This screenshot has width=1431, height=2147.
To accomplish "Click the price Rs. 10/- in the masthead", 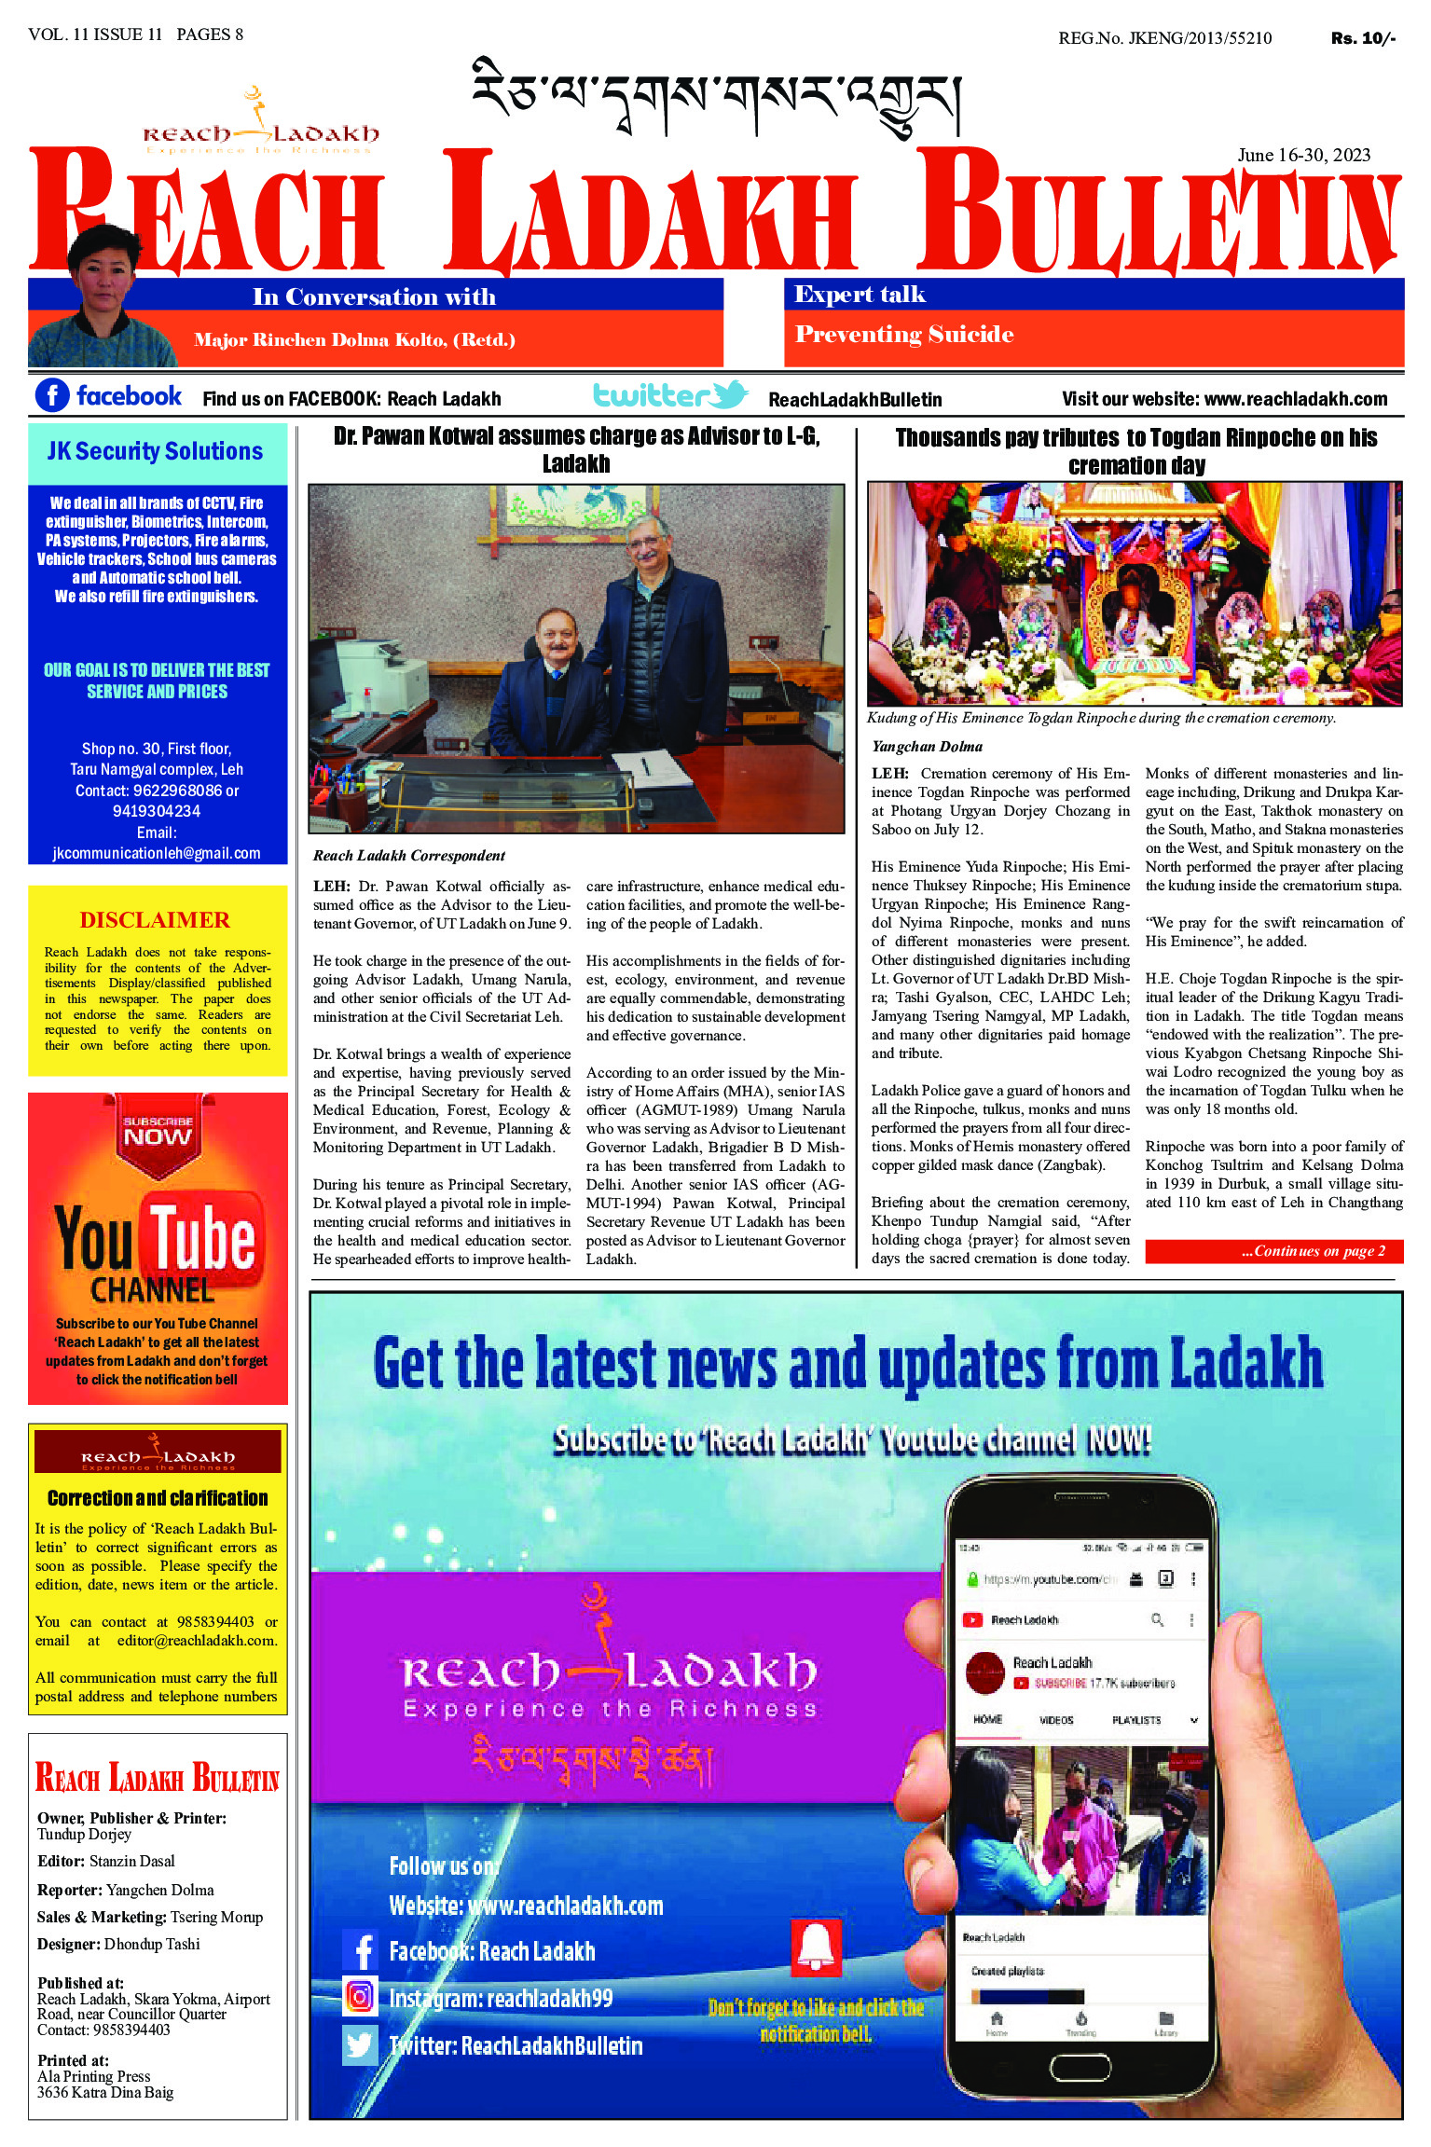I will point(1362,38).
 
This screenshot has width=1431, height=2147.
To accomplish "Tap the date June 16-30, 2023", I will point(1303,155).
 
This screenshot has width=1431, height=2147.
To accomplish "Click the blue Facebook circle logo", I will point(52,395).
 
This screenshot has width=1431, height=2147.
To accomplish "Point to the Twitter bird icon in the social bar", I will point(728,393).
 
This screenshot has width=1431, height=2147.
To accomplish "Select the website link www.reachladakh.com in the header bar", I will point(1295,399).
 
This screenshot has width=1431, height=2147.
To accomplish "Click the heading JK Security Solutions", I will point(156,451).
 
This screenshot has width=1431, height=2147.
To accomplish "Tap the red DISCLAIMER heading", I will point(155,920).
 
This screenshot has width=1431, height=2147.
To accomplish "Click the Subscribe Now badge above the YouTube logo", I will point(158,1130).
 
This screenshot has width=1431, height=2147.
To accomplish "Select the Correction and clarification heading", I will point(158,1497).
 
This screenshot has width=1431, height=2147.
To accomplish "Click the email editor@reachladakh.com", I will point(197,1640).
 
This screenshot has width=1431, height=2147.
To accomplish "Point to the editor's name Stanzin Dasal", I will point(131,1861).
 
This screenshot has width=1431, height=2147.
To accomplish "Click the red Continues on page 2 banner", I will point(1273,1251).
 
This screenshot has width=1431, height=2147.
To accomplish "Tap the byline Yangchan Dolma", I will point(927,746).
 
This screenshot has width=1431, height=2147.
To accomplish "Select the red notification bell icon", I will point(816,1947).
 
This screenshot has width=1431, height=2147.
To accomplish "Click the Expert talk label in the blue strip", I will point(860,295).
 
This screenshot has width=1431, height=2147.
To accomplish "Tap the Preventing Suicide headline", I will point(903,335).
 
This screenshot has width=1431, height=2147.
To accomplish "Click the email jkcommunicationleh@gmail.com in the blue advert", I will point(157,853).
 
